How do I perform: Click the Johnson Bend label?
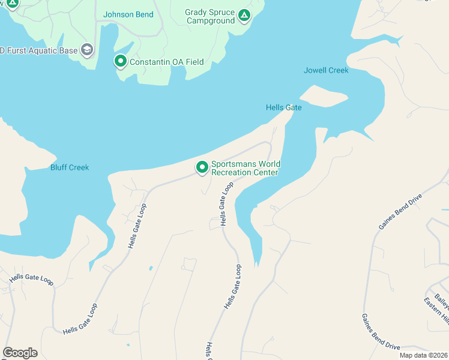(128, 14)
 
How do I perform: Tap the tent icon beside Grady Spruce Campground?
(244, 15)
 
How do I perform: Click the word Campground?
(210, 21)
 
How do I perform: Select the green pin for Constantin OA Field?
(121, 61)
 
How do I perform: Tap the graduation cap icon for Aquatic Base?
(88, 50)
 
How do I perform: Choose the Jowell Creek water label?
(326, 71)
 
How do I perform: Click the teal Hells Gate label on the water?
(283, 107)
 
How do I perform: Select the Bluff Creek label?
(70, 167)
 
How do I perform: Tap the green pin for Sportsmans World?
(202, 167)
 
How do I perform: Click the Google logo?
(20, 353)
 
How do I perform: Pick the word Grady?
(196, 12)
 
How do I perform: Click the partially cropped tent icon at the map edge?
(11, 4)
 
